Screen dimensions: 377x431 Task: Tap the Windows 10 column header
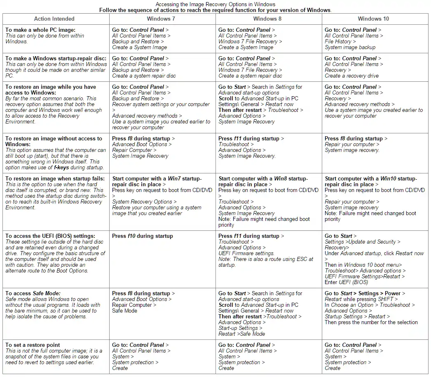373,19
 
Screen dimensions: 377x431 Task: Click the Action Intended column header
54,19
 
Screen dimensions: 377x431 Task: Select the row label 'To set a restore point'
33,345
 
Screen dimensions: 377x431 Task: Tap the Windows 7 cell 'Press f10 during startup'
143,236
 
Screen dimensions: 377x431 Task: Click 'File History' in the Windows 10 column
338,41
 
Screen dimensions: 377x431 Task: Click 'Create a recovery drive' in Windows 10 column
351,76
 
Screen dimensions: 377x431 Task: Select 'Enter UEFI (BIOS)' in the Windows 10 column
346,282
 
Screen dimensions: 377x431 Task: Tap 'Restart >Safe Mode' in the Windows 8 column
241,334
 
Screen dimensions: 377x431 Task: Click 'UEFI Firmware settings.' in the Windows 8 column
246,253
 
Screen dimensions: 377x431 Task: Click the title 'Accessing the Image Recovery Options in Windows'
215,4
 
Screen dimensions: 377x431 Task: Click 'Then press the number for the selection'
371,322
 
